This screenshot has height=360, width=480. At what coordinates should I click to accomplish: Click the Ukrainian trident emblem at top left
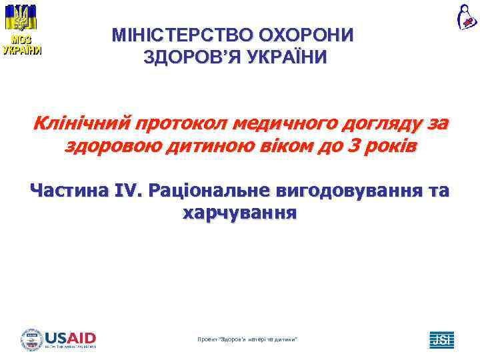[21, 16]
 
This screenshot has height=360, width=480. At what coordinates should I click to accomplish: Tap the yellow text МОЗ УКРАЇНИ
[21, 45]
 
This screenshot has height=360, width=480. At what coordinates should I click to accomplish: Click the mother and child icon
[464, 16]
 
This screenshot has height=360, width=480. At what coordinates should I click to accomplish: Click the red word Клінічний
[80, 124]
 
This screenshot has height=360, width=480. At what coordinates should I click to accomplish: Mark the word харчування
[239, 213]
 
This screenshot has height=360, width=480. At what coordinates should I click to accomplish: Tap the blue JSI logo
[441, 340]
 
